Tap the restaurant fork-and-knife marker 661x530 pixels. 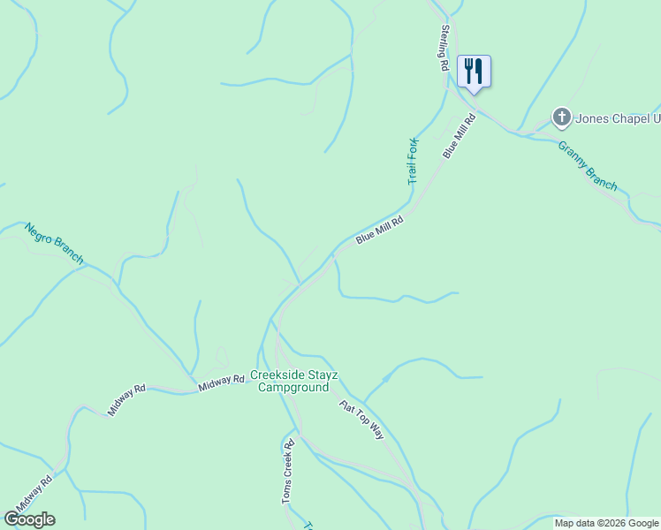pos(474,72)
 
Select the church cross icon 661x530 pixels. pos(561,117)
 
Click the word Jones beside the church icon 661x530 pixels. pos(593,117)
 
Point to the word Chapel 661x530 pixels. pos(631,117)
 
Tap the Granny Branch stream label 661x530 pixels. pos(588,165)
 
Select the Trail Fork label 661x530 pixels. pos(413,161)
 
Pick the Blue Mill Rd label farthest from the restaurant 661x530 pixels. pos(379,230)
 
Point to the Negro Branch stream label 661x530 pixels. pos(55,243)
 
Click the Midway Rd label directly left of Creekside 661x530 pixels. pos(221,381)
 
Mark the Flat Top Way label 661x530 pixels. pos(362,420)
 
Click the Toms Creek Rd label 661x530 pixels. pos(287,472)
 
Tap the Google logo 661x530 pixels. pos(29,519)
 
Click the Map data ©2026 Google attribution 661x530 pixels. pos(606,523)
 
